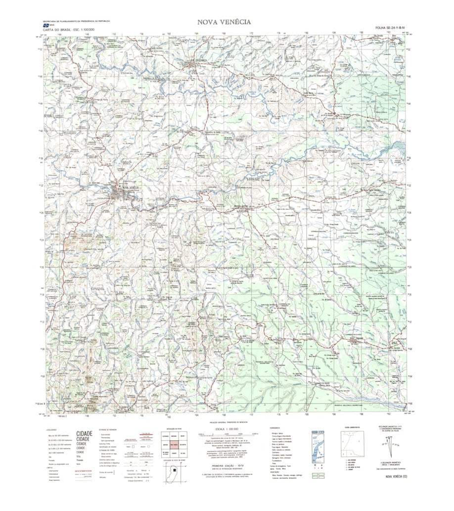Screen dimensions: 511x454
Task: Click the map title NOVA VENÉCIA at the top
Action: (x=224, y=22)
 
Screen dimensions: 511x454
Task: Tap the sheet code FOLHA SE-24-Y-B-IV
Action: (x=390, y=28)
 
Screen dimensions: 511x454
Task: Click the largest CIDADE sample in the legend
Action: (x=84, y=433)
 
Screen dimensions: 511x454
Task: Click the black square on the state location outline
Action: (x=174, y=470)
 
